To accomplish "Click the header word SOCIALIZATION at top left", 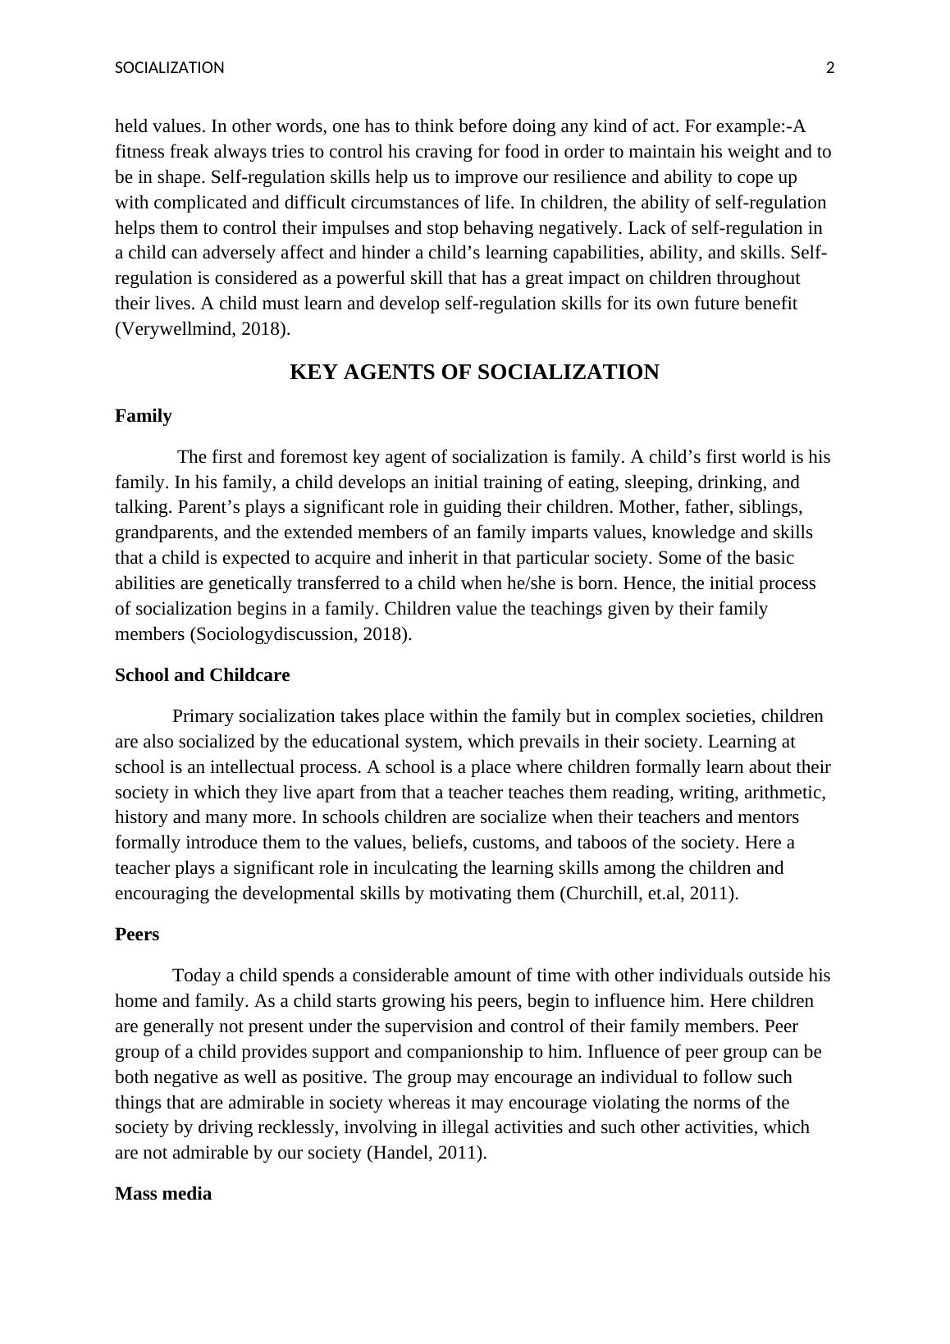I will [x=169, y=68].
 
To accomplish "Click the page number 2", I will [x=829, y=68].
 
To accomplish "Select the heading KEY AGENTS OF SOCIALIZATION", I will [x=474, y=373].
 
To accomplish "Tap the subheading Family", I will [x=144, y=416].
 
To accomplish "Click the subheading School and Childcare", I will [x=202, y=675].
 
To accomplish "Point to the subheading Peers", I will [x=137, y=935].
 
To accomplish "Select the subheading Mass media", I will [x=163, y=1194].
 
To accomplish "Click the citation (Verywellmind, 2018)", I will [x=203, y=329].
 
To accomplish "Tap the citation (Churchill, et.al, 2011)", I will [x=648, y=894].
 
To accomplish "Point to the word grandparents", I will [x=165, y=533].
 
